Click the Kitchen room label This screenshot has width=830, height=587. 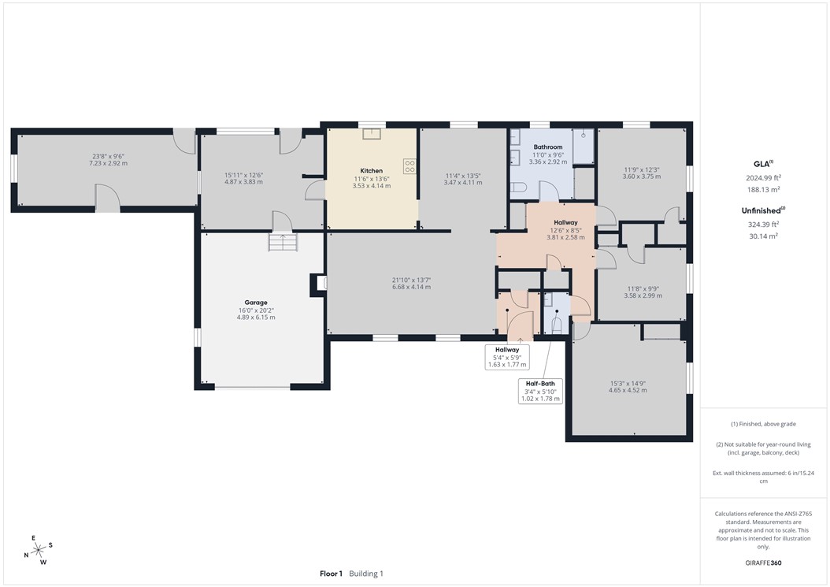(372, 171)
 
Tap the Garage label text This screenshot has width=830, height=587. (255, 303)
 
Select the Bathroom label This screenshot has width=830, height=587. (547, 147)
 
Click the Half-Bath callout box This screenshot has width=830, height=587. (540, 391)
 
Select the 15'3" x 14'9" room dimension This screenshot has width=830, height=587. (628, 384)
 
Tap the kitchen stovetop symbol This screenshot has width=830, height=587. (409, 166)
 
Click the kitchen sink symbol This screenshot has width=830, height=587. (371, 133)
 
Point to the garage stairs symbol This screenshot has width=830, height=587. (280, 242)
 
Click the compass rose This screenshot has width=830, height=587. (38, 549)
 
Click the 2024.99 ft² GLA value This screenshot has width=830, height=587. (763, 178)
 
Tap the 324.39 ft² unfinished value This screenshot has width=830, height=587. (763, 224)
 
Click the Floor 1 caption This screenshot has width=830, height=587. (331, 574)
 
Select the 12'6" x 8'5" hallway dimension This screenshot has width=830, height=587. (565, 230)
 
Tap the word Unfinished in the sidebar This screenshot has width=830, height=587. (761, 210)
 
